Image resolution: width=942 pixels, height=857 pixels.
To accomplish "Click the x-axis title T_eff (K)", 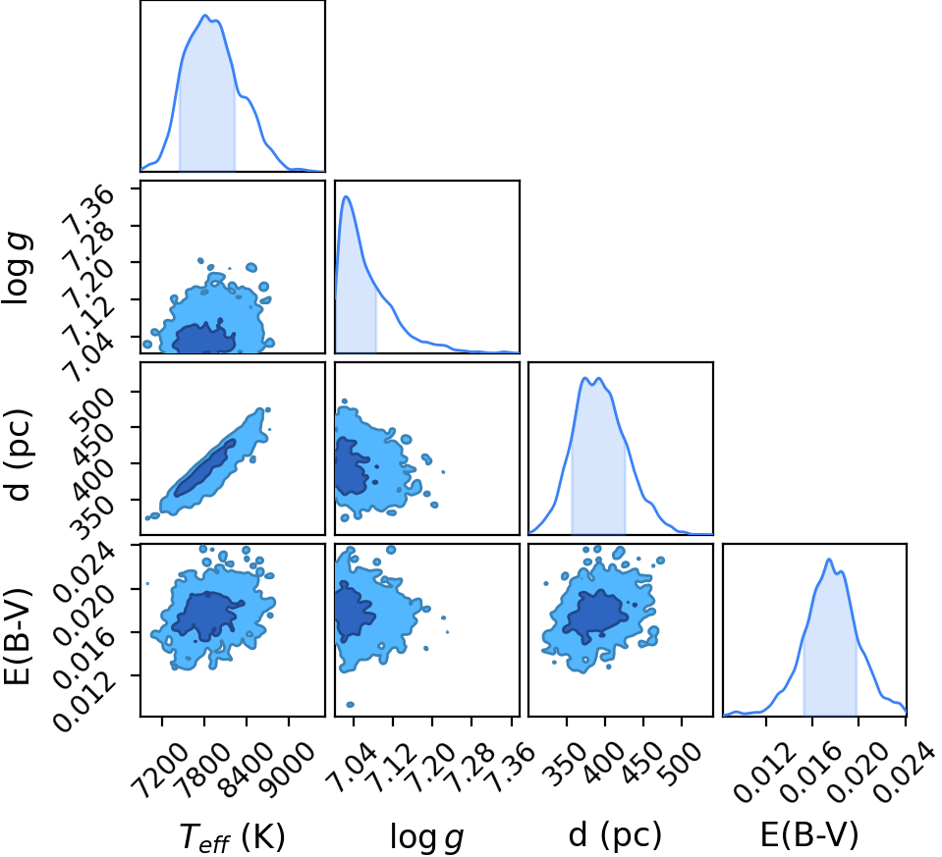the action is [233, 836].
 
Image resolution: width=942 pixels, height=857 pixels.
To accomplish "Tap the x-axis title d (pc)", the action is [615, 834].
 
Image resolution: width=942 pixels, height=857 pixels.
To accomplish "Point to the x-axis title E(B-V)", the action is [809, 834].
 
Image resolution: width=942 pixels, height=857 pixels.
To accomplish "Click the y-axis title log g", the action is [17, 268].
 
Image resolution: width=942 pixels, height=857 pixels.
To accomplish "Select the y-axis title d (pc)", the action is [18, 455].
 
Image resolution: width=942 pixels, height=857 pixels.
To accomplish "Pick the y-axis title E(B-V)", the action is [17, 636].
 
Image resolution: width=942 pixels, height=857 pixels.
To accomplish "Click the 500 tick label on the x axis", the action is [679, 763].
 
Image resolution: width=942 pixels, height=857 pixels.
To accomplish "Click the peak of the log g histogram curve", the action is [346, 196].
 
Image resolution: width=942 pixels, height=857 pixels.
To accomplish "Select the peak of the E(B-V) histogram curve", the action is [829, 560].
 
